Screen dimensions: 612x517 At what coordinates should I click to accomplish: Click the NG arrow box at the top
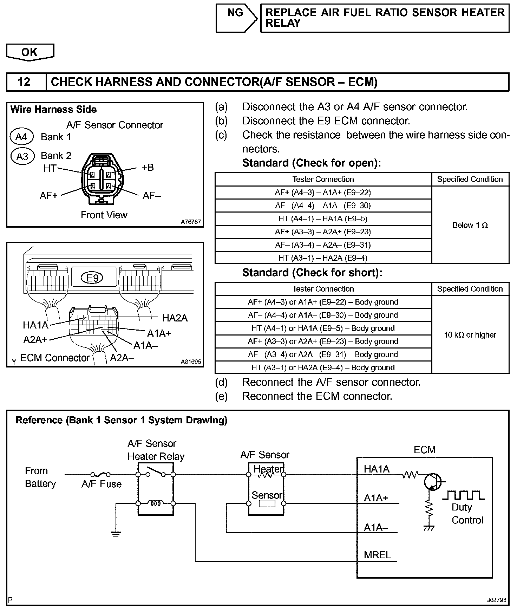236,18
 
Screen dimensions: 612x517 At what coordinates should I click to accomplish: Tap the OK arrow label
30,52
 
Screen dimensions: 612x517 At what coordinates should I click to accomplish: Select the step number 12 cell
24,82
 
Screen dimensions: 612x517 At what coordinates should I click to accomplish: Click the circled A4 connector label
21,137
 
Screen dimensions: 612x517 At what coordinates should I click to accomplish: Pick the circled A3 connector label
22,156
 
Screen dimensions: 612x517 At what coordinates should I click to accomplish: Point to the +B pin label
148,167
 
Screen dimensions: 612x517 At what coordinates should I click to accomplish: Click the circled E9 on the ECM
92,278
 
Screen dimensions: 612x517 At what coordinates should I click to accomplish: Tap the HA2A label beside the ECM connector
175,318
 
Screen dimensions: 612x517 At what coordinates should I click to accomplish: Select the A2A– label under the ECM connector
122,358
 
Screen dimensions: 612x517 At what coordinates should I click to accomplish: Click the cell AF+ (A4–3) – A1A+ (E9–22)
323,193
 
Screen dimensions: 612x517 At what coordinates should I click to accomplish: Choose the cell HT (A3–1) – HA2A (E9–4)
323,258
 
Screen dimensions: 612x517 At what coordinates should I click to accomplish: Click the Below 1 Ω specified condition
470,225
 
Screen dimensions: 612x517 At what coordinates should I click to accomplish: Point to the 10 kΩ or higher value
470,335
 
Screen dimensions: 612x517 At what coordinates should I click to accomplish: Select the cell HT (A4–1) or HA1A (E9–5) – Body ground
323,328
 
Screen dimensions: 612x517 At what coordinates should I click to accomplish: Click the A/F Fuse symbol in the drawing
101,475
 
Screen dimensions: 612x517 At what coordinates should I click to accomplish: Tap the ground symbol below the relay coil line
116,534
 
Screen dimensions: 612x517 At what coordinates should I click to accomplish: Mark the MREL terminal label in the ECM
377,555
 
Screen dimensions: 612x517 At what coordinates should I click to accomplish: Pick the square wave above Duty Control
464,495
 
